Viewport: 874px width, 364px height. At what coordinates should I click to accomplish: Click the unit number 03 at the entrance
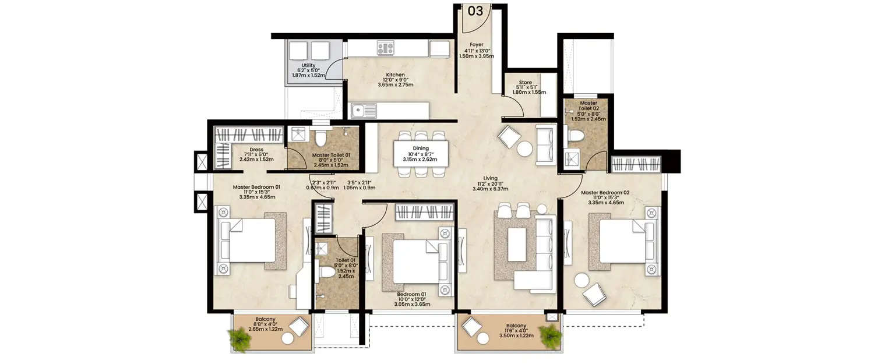click(476, 10)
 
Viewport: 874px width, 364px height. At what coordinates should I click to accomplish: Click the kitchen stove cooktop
click(386, 48)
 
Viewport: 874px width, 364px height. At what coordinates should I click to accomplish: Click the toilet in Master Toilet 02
click(576, 136)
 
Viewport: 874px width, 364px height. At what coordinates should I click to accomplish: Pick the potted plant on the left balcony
click(239, 338)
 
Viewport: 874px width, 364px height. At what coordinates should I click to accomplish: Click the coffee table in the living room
click(517, 244)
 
